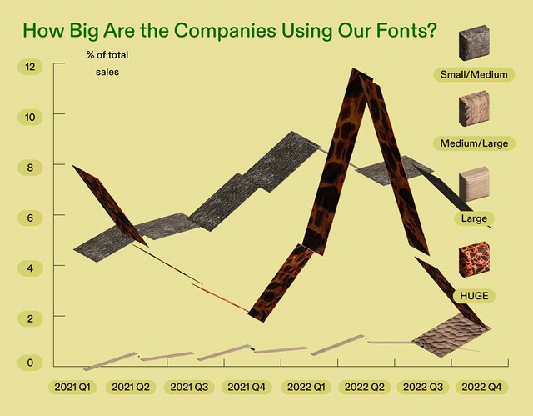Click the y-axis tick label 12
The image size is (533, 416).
click(x=30, y=67)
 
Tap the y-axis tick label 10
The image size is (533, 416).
click(x=30, y=118)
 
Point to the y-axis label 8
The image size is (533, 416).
click(x=30, y=168)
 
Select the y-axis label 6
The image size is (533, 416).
click(x=30, y=218)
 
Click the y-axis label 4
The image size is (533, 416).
click(x=30, y=268)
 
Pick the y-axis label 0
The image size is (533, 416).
click(x=30, y=363)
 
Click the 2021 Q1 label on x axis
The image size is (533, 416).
click(x=72, y=387)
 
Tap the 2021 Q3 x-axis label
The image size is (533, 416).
click(x=189, y=387)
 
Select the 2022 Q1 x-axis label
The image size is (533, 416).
click(x=306, y=387)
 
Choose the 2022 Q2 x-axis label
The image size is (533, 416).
click(x=365, y=387)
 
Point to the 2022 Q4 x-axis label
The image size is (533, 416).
click(x=481, y=387)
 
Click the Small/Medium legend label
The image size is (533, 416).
click(x=474, y=74)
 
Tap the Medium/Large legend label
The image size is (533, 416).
click(x=474, y=143)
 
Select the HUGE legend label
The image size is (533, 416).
click(x=474, y=296)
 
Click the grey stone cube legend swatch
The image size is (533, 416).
click(x=474, y=43)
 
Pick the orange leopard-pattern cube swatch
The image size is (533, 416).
click(x=474, y=259)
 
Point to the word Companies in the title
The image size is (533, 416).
click(x=225, y=30)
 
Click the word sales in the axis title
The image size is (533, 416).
click(x=107, y=72)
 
